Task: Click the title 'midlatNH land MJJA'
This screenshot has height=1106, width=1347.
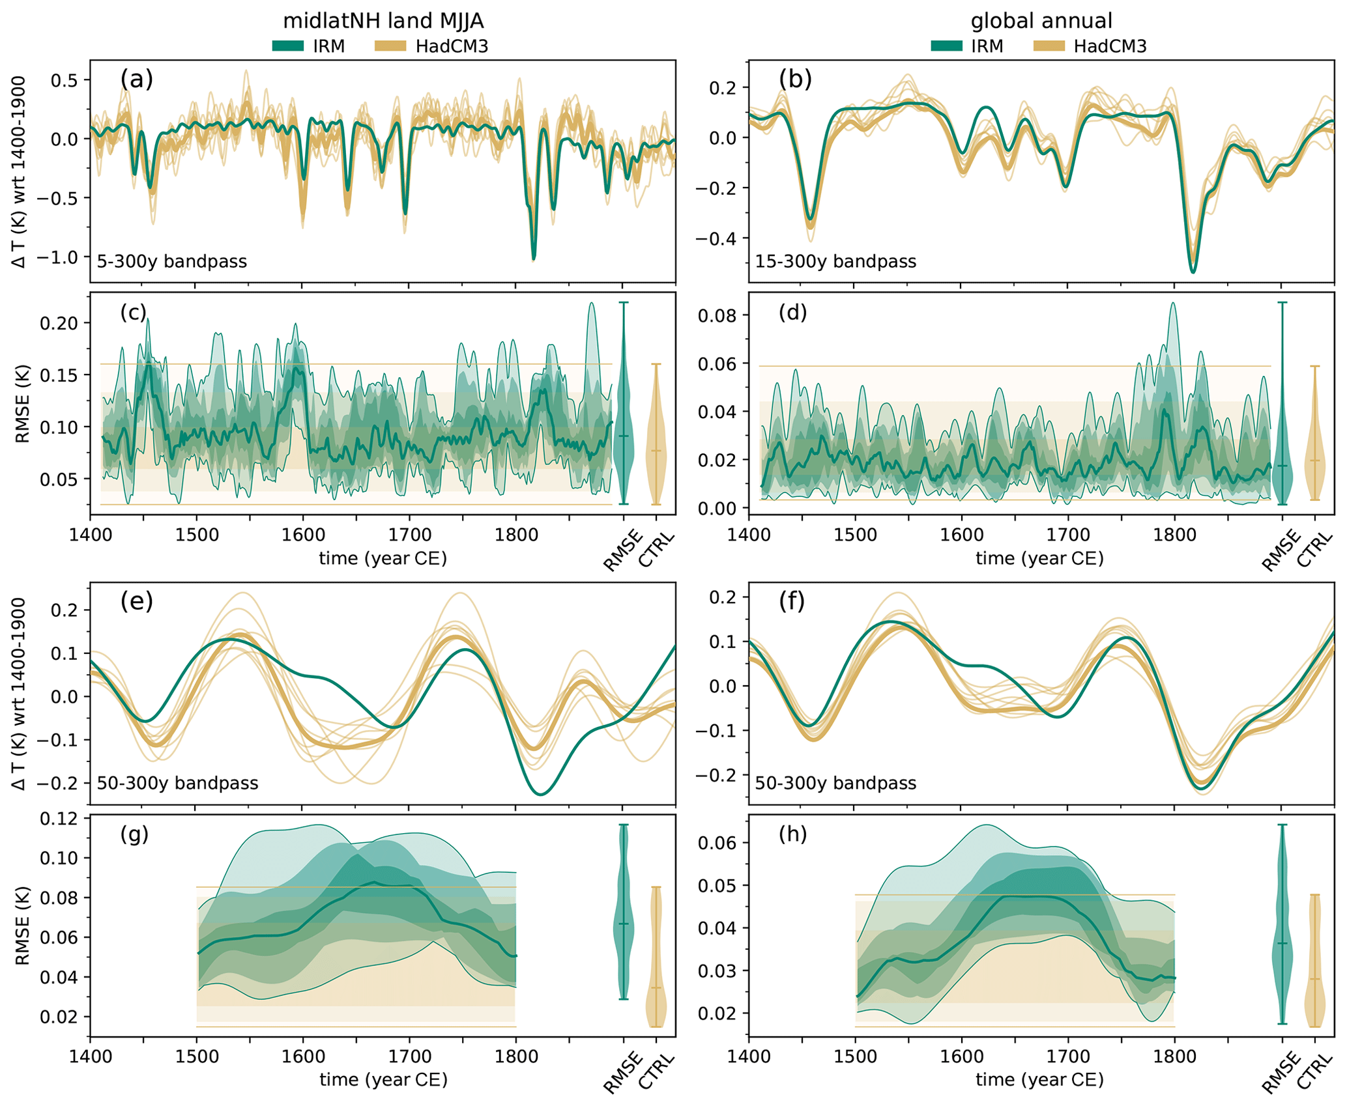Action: click(x=383, y=21)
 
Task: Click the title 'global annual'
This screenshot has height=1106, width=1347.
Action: click(x=1041, y=21)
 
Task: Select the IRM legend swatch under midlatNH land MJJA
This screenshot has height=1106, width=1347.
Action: click(x=288, y=46)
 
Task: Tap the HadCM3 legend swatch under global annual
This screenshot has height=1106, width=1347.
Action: click(x=1049, y=46)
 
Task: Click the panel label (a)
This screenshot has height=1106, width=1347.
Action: click(x=136, y=79)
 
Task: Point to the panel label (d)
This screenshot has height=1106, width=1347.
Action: click(x=793, y=313)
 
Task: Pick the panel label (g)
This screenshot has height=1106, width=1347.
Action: click(x=134, y=834)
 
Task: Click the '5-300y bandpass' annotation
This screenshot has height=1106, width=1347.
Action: click(x=172, y=262)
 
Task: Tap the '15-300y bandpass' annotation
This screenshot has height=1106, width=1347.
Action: click(x=835, y=262)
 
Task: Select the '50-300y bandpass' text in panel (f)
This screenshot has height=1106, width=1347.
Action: click(x=835, y=783)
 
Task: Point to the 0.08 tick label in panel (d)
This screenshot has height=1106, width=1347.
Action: click(x=717, y=316)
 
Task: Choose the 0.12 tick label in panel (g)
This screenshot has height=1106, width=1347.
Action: click(x=59, y=819)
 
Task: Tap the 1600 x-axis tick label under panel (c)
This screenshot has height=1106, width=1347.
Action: click(x=303, y=535)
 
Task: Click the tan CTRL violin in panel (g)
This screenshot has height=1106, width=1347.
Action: click(x=656, y=977)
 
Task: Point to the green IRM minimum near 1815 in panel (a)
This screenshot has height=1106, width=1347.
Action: click(x=534, y=259)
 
